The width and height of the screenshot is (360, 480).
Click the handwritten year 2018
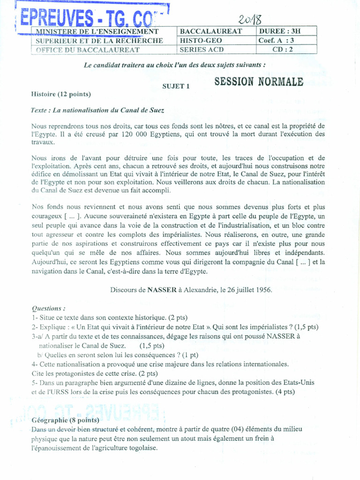click(249, 19)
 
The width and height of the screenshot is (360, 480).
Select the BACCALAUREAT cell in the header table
click(211, 31)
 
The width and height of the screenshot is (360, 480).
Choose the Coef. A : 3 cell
click(276, 40)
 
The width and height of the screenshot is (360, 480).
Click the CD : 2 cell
click(283, 50)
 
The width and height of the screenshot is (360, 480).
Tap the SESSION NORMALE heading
click(259, 82)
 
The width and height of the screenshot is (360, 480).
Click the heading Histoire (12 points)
click(61, 94)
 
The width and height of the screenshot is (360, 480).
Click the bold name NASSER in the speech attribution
click(162, 290)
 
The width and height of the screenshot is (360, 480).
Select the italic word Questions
click(48, 308)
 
